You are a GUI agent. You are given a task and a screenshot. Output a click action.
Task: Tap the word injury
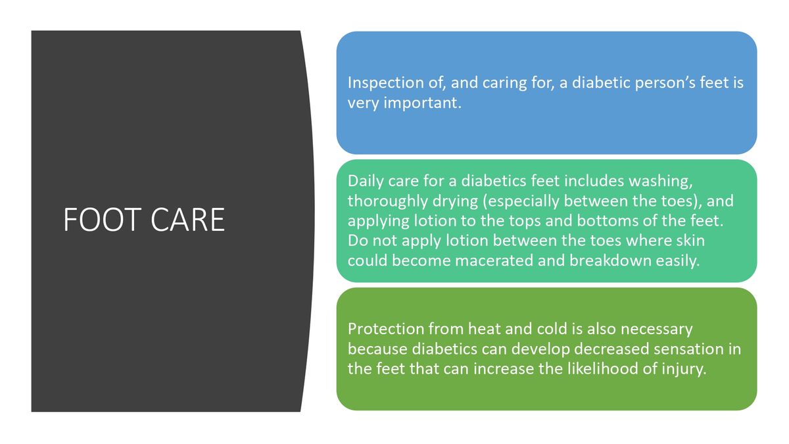click(684, 369)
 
